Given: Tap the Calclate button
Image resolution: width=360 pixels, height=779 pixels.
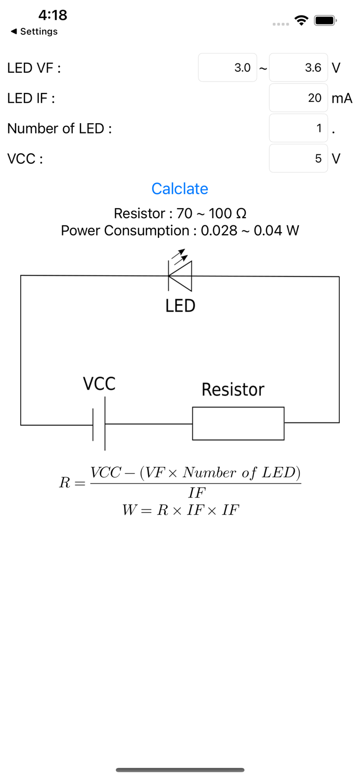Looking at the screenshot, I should pyautogui.click(x=180, y=189).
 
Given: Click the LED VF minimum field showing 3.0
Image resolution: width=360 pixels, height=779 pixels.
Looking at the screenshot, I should pyautogui.click(x=228, y=68).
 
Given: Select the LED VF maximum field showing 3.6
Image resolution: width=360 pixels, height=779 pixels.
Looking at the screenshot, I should pyautogui.click(x=298, y=68).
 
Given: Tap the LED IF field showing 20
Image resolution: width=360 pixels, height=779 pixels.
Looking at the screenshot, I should pyautogui.click(x=298, y=98).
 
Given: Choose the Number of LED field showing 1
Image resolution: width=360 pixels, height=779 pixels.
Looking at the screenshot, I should pyautogui.click(x=298, y=128).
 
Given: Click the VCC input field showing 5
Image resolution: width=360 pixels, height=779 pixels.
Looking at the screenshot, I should pyautogui.click(x=298, y=158).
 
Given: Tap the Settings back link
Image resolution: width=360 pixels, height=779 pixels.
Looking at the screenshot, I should pyautogui.click(x=34, y=32).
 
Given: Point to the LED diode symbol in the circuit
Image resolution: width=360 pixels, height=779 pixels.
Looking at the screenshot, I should pyautogui.click(x=180, y=275).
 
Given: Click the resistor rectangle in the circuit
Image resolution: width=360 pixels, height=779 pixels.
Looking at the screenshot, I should pyautogui.click(x=238, y=423).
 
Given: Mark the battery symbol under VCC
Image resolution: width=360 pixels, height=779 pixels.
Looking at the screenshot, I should pyautogui.click(x=99, y=424).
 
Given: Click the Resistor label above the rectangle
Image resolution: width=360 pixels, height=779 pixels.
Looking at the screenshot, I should pyautogui.click(x=233, y=389).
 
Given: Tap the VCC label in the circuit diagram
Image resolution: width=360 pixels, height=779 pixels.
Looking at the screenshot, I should pyautogui.click(x=99, y=384).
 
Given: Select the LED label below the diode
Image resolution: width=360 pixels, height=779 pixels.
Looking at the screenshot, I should pyautogui.click(x=180, y=306).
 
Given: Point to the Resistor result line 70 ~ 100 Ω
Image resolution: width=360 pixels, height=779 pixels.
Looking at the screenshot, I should pyautogui.click(x=180, y=213).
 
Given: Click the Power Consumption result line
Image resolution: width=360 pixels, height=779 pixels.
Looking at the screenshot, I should pyautogui.click(x=180, y=231).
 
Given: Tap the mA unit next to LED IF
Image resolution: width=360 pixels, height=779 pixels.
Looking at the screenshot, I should pyautogui.click(x=342, y=98).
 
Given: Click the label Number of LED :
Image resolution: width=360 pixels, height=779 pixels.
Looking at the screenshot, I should pyautogui.click(x=59, y=128).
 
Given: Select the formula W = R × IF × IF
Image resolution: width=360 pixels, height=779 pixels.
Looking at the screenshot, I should pyautogui.click(x=180, y=510).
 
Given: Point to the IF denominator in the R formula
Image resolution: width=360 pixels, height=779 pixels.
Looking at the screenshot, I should pyautogui.click(x=197, y=493).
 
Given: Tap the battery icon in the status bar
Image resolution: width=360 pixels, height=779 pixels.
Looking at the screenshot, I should pyautogui.click(x=325, y=21).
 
